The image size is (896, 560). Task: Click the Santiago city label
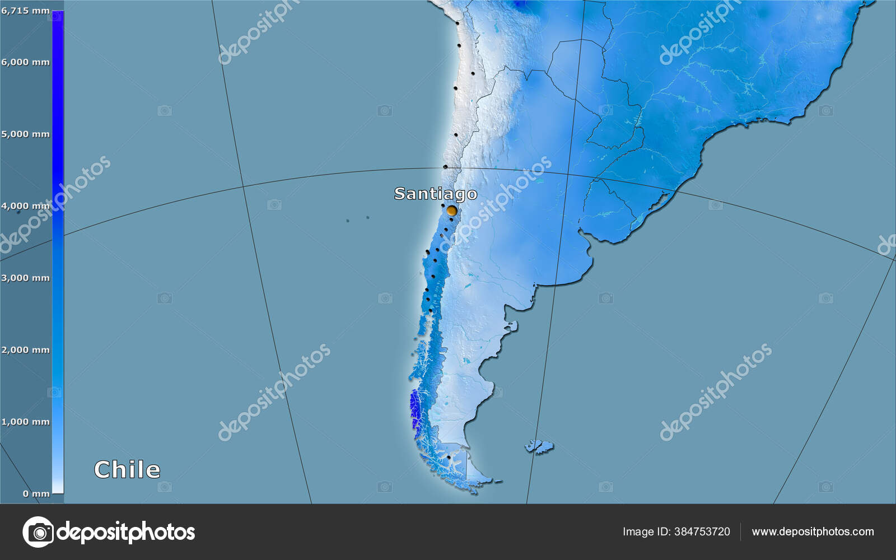[x=436, y=194]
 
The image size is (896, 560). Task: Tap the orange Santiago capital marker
[x=451, y=211]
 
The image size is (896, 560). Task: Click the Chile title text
[x=127, y=469]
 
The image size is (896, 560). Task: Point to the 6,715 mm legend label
[x=25, y=11]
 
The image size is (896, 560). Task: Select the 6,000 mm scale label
[x=25, y=62]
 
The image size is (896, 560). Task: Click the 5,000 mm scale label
[x=25, y=134]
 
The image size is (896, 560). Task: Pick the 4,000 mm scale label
[x=25, y=206]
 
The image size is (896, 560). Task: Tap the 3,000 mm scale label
[x=25, y=278]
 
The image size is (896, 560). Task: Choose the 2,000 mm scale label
[x=25, y=350]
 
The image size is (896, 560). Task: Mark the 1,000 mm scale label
[x=25, y=422]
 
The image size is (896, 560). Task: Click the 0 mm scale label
[x=36, y=493]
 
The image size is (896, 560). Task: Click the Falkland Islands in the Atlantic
[x=539, y=446]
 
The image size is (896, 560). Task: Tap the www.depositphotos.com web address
[x=813, y=531]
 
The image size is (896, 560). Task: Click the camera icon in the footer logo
[x=38, y=532]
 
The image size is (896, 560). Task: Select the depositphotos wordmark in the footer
[x=126, y=532]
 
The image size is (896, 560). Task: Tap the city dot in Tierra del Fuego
[x=449, y=458]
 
